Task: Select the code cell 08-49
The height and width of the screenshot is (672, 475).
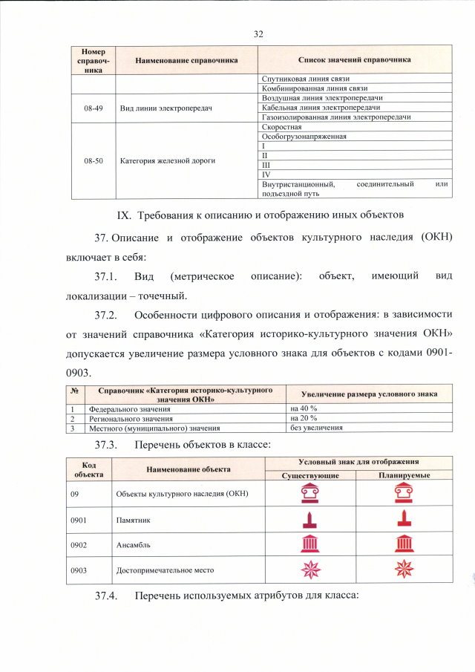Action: pyautogui.click(x=94, y=108)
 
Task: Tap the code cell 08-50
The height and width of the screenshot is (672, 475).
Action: pyautogui.click(x=94, y=160)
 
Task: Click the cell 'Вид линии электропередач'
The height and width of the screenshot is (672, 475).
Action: pyautogui.click(x=166, y=108)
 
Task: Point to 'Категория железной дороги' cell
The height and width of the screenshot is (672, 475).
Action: pyautogui.click(x=168, y=160)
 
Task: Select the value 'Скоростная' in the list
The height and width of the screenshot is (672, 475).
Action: pyautogui.click(x=281, y=128)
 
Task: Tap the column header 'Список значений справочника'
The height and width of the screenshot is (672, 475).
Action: pyautogui.click(x=354, y=59)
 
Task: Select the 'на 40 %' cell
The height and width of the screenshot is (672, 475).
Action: pyautogui.click(x=304, y=409)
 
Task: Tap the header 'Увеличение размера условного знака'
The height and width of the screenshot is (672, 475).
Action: pyautogui.click(x=368, y=394)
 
